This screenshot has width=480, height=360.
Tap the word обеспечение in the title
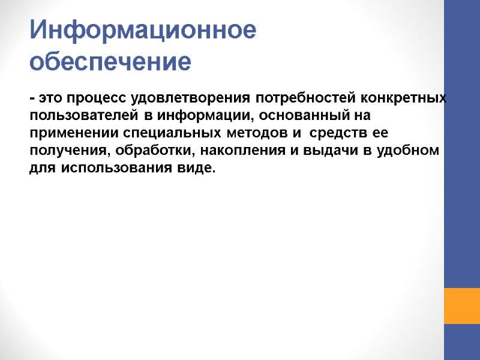110,61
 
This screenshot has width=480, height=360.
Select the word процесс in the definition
97,98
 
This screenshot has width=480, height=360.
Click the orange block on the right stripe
461,306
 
